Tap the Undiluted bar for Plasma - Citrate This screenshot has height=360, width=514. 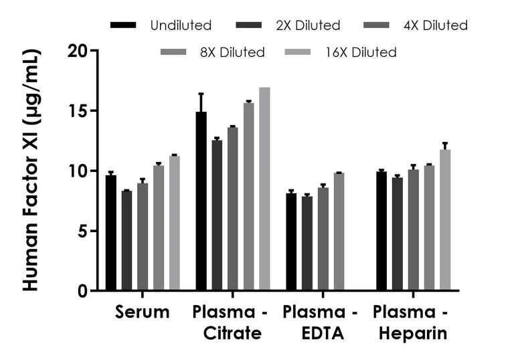pyautogui.click(x=201, y=201)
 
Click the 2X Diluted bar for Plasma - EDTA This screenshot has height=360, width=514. pyautogui.click(x=307, y=244)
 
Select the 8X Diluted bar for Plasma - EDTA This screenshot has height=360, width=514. pyautogui.click(x=339, y=232)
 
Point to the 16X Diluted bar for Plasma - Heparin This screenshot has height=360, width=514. pyautogui.click(x=445, y=220)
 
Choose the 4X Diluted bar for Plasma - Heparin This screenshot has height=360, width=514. pyautogui.click(x=413, y=230)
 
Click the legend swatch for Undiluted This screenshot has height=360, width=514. pyautogui.click(x=124, y=25)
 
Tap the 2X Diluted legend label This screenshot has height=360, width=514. pyautogui.click(x=309, y=25)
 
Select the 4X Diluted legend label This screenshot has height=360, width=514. pyautogui.click(x=435, y=25)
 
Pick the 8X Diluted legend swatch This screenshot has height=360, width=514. pyautogui.click(x=175, y=52)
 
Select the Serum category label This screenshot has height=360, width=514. pyautogui.click(x=142, y=312)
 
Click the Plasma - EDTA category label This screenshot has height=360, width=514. pyautogui.click(x=320, y=323)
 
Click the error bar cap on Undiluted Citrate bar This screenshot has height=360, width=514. pyautogui.click(x=201, y=94)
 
